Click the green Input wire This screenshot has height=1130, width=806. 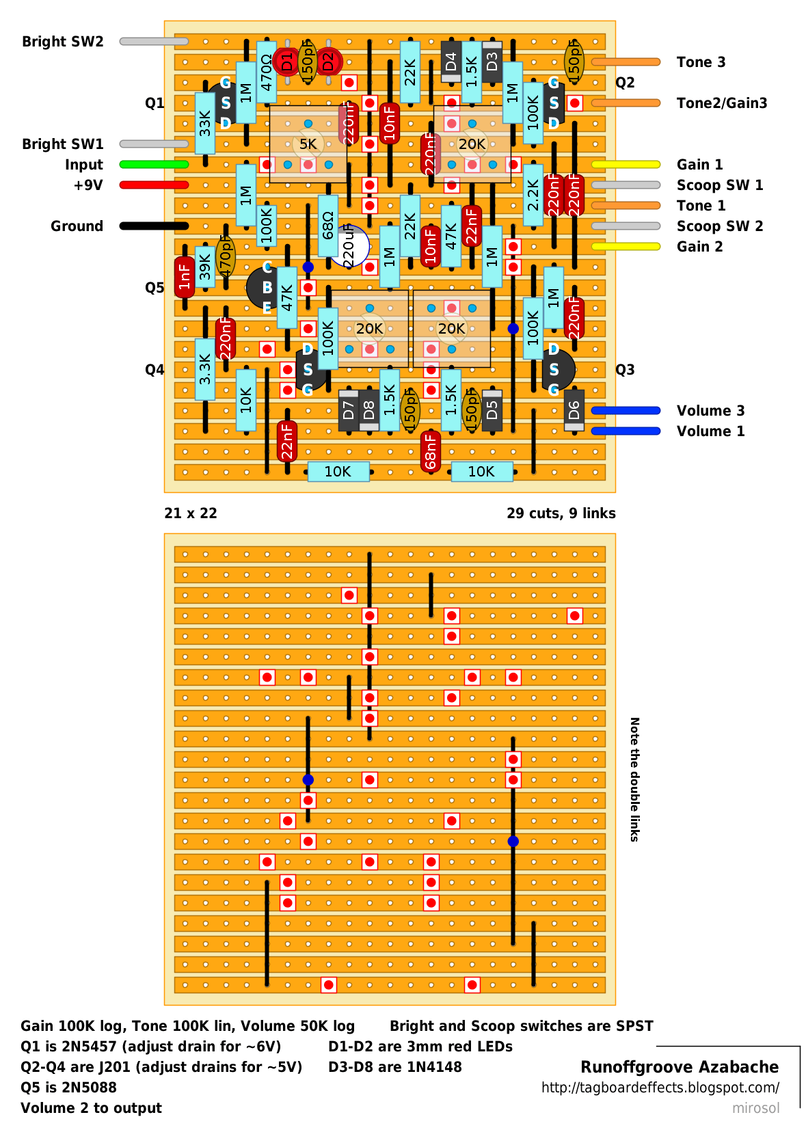(x=154, y=165)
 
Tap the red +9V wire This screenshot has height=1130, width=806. (x=154, y=185)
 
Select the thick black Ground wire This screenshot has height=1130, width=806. (x=154, y=226)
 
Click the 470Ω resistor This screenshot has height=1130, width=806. (x=267, y=72)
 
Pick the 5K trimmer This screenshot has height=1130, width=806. (x=308, y=144)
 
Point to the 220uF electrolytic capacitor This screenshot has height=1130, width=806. (x=349, y=246)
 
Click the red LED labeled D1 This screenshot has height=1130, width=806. (x=286, y=62)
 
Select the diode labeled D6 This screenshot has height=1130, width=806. (x=574, y=410)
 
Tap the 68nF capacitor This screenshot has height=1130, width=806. (x=430, y=451)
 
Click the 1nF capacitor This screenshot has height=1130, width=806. (x=185, y=277)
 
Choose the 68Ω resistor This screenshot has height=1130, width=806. (x=328, y=226)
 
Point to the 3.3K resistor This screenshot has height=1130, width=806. (x=205, y=369)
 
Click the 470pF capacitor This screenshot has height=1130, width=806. (x=225, y=256)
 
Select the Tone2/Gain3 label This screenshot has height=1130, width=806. (x=721, y=103)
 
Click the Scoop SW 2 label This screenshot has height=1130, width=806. (x=719, y=226)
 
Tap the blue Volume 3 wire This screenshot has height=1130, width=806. (x=626, y=411)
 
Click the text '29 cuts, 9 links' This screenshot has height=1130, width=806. (x=561, y=513)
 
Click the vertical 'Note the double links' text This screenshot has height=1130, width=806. (x=634, y=779)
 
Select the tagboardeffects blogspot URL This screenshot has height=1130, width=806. (x=660, y=1088)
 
